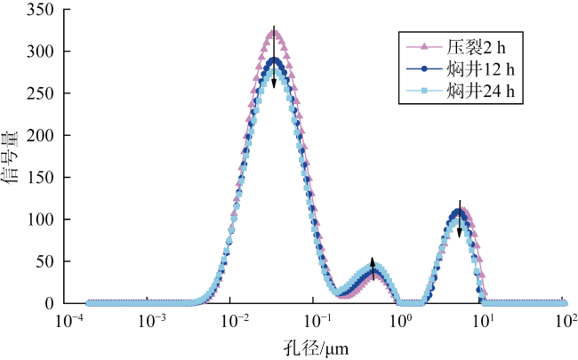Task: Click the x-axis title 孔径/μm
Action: pos(316,344)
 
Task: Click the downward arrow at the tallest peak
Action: pos(275,58)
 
